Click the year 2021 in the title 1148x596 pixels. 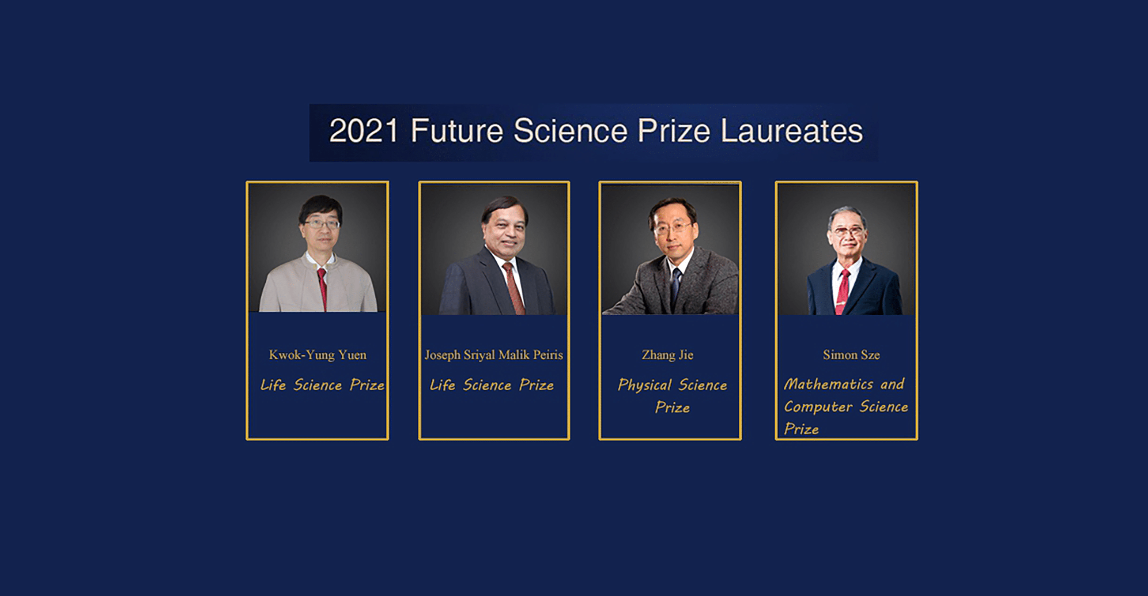pyautogui.click(x=364, y=131)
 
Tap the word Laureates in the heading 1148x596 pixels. pyautogui.click(x=792, y=131)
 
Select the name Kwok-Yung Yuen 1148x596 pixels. pyautogui.click(x=318, y=355)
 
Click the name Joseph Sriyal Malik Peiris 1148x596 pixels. pyautogui.click(x=494, y=355)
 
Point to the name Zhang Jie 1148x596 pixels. pyautogui.click(x=668, y=355)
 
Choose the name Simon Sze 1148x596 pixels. pyautogui.click(x=851, y=355)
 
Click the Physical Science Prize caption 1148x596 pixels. pyautogui.click(x=672, y=396)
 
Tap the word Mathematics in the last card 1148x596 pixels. pyautogui.click(x=828, y=384)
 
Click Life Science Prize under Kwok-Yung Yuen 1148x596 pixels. pyautogui.click(x=322, y=385)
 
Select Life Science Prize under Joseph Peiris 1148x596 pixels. pyautogui.click(x=491, y=385)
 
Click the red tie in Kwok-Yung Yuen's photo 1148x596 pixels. pyautogui.click(x=322, y=290)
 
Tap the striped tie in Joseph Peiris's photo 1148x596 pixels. pyautogui.click(x=514, y=289)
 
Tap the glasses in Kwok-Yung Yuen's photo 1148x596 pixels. pyautogui.click(x=322, y=224)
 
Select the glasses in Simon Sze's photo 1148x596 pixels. pyautogui.click(x=848, y=231)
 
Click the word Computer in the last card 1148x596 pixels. pyautogui.click(x=818, y=407)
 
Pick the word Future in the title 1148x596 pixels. pyautogui.click(x=457, y=131)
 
